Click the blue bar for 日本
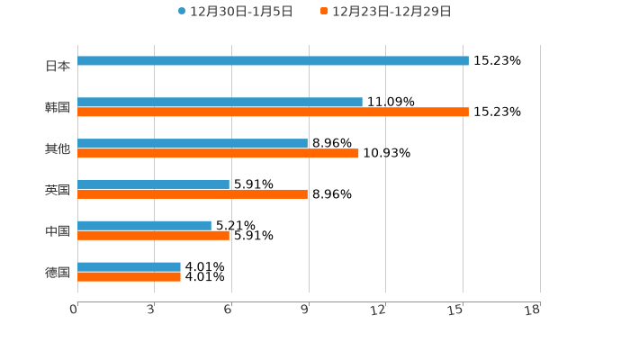click(x=273, y=61)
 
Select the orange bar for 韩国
click(x=273, y=112)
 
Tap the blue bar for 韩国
click(x=220, y=103)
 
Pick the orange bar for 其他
click(x=218, y=154)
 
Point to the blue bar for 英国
click(x=153, y=184)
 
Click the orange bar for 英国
click(x=193, y=194)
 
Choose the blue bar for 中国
click(x=144, y=226)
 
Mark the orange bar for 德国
click(x=129, y=277)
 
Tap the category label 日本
click(x=58, y=66)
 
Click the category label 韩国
click(x=58, y=107)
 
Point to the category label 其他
click(x=58, y=148)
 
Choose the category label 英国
click(x=58, y=190)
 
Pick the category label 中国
click(x=58, y=231)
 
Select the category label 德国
click(x=58, y=272)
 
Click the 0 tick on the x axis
click(x=75, y=310)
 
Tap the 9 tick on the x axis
click(x=306, y=310)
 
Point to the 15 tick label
click(x=456, y=310)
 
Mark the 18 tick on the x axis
click(x=533, y=310)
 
